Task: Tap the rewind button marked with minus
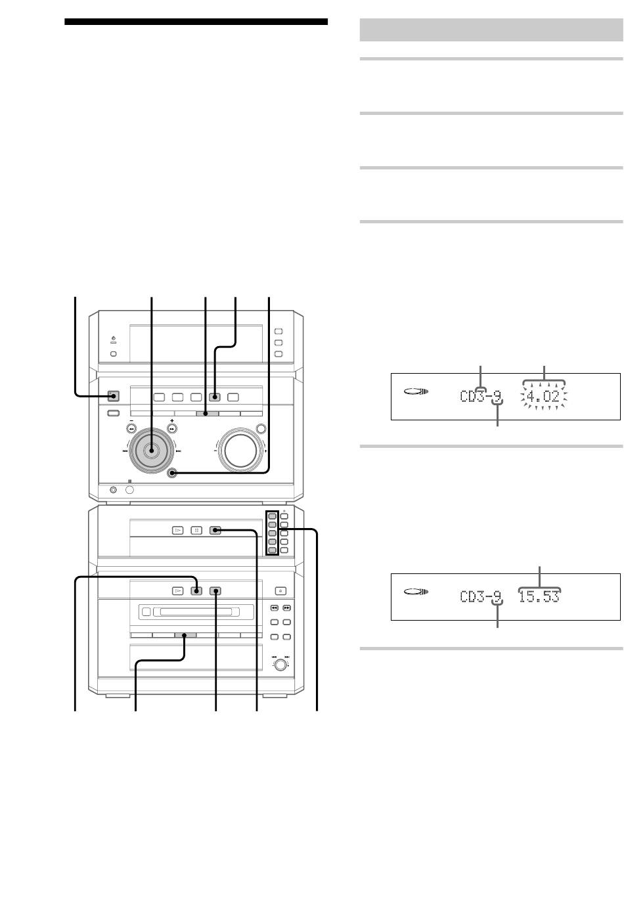(x=131, y=428)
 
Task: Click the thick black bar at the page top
(x=196, y=22)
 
